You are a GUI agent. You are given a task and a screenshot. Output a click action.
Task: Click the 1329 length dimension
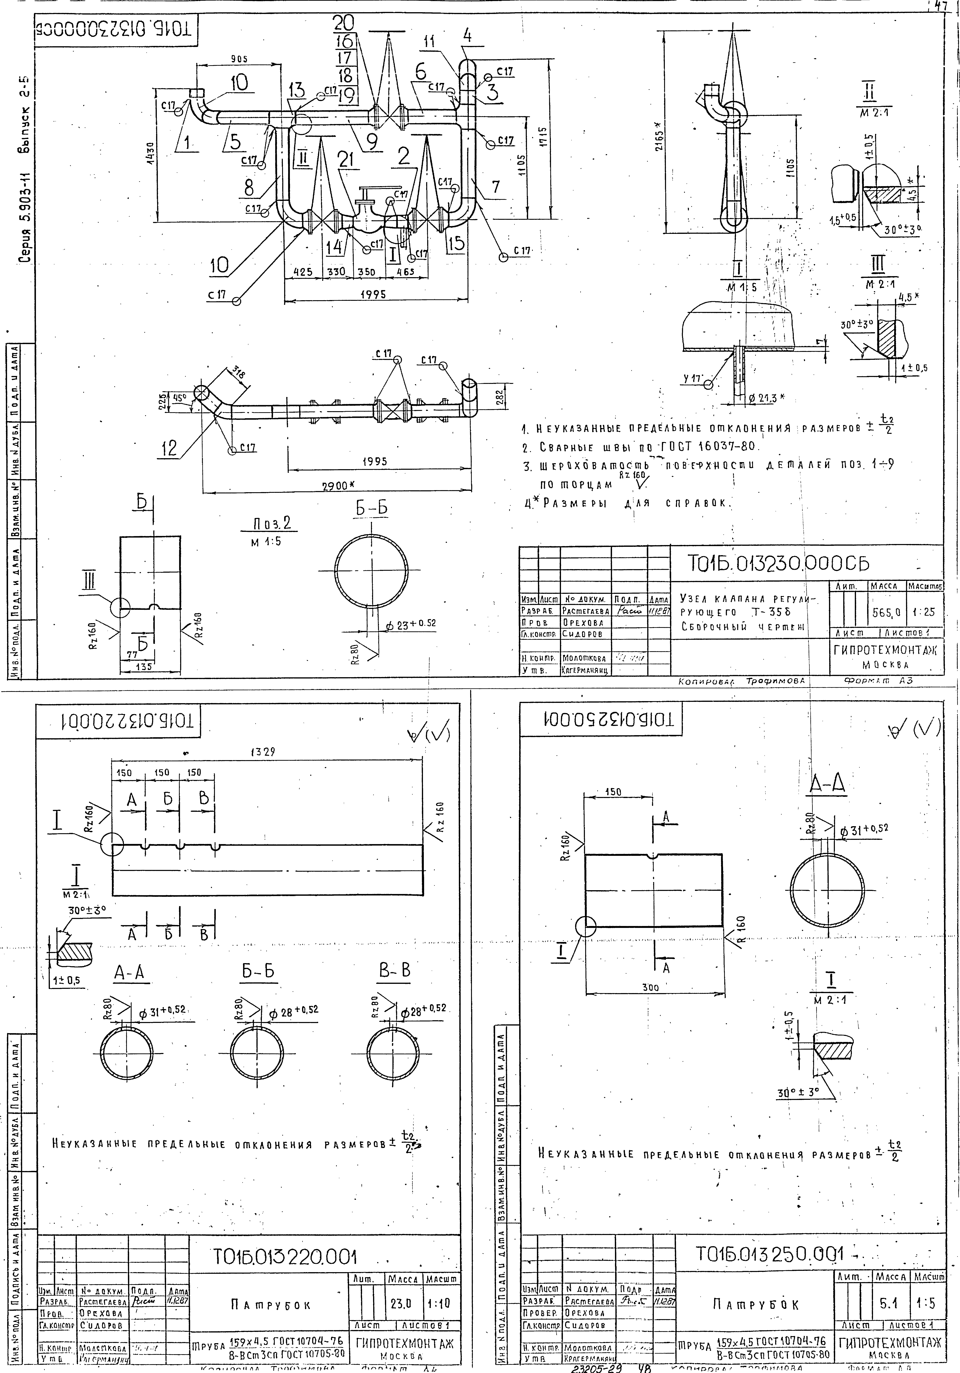click(x=263, y=752)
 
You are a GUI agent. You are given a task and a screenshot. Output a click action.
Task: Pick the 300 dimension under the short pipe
click(x=650, y=988)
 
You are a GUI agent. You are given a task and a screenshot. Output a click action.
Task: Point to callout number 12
click(x=170, y=448)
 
